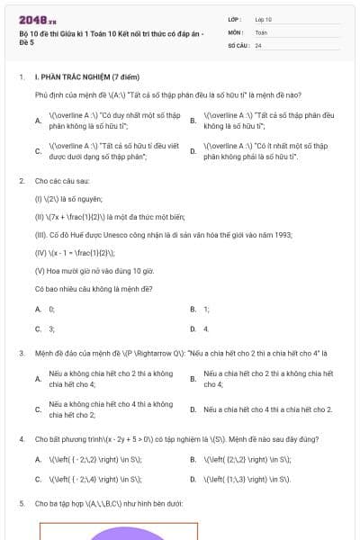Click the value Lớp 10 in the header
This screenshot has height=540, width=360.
coord(263,19)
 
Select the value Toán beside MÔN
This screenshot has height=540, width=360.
coord(261,31)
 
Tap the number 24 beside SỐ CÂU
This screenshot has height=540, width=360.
coord(258,44)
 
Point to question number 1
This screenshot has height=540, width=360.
coord(21,77)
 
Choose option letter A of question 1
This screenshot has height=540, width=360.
coord(38,121)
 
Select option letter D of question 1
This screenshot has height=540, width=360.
coord(193,150)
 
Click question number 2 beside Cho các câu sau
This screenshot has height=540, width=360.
coord(21,181)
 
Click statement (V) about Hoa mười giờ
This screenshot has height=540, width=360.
coord(94,270)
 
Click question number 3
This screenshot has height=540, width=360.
coord(21,353)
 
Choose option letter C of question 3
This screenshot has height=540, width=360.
coord(38,409)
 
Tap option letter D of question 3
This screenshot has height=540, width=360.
coord(193,409)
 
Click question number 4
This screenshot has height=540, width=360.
coord(21,439)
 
